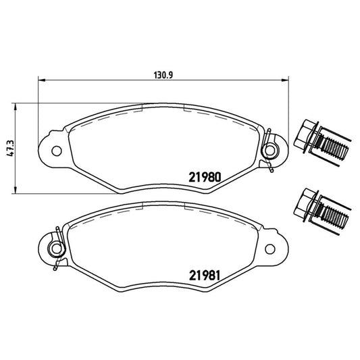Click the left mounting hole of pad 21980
coord(57,150)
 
